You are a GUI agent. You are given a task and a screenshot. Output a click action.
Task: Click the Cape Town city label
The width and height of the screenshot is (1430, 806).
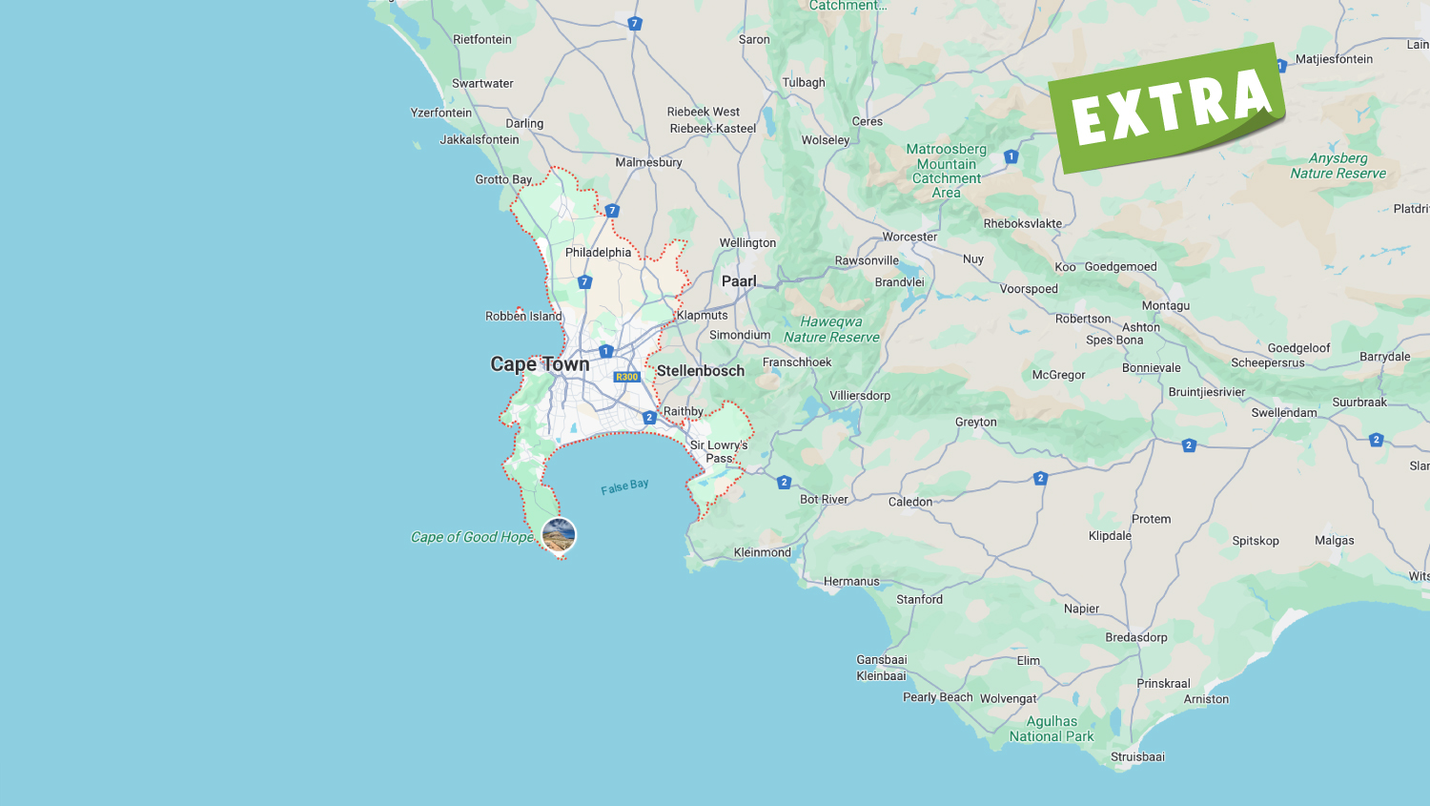[x=540, y=364]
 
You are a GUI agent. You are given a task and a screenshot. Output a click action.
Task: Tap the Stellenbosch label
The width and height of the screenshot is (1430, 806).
[x=700, y=371]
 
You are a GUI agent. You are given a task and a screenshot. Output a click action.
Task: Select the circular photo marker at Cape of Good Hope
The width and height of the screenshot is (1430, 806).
[x=559, y=534]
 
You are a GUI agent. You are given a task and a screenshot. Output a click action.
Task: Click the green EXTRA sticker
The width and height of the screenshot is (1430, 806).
[x=1169, y=106]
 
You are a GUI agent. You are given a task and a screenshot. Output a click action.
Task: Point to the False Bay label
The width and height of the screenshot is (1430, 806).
[x=624, y=486]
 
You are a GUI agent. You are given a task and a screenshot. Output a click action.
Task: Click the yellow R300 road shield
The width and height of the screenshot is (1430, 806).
[x=626, y=377]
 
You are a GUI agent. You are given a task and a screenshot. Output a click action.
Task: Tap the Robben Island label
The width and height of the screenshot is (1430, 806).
[x=523, y=317]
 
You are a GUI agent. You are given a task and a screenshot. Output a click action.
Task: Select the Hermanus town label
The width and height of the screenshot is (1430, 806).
[x=851, y=582]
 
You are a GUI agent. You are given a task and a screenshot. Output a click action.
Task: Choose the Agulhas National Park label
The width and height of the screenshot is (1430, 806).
[x=1052, y=729]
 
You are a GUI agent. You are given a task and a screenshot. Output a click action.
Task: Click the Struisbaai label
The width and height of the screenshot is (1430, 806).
[x=1137, y=757]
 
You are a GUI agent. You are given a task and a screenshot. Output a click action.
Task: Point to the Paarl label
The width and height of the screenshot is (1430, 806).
[x=739, y=281]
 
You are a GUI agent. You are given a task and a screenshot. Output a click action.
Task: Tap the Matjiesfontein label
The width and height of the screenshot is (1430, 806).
[x=1334, y=59]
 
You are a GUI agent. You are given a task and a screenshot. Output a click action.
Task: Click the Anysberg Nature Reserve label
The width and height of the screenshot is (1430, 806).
[x=1338, y=166]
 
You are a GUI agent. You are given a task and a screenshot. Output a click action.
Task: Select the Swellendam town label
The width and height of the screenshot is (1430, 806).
[x=1284, y=413]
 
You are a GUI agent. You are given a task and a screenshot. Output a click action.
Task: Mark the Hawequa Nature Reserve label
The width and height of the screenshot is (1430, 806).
[x=831, y=329]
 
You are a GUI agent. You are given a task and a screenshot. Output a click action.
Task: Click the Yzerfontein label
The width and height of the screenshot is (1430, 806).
[x=441, y=113]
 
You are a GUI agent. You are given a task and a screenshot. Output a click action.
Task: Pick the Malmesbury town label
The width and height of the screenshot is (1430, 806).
[x=648, y=162]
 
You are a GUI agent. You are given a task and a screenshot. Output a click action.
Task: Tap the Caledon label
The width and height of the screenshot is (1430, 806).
[x=910, y=502]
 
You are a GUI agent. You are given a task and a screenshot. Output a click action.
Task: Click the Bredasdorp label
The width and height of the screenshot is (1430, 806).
[x=1136, y=637]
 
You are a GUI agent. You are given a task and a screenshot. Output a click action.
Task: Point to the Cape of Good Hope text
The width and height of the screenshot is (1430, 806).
[x=472, y=537]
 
